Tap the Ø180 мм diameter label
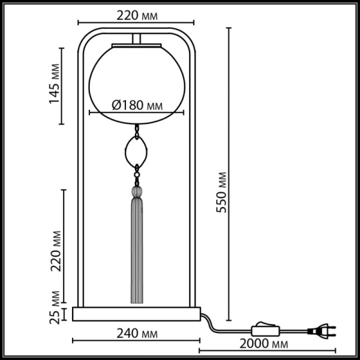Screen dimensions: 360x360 click(138, 105)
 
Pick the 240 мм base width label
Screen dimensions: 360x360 click(137, 331)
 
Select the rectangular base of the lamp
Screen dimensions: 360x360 click(137, 313)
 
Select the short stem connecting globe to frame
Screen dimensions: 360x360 click(137, 40)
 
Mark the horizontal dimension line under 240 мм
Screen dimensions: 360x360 click(137, 341)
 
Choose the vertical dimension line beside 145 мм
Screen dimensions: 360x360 click(62, 85)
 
